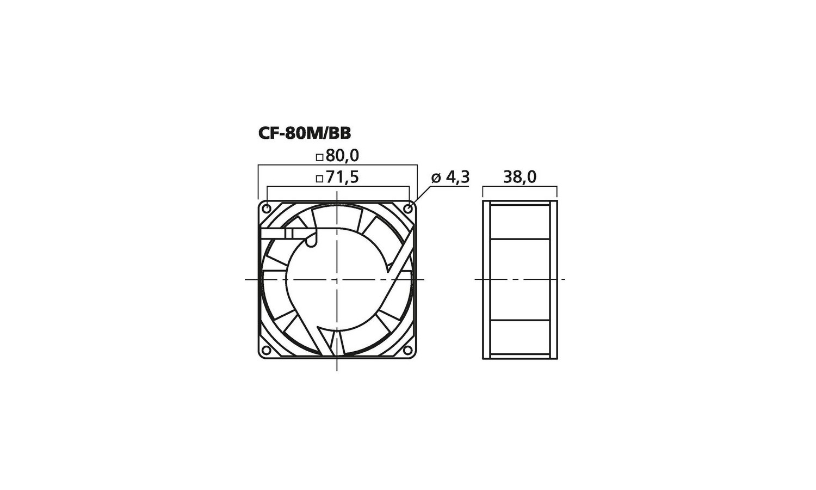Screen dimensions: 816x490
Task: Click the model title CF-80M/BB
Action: (305, 133)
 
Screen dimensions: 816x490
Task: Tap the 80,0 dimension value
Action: (342, 156)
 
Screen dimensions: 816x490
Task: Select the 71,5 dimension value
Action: (342, 177)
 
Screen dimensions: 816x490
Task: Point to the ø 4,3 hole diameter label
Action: (450, 177)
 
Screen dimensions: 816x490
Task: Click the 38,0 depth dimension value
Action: (520, 177)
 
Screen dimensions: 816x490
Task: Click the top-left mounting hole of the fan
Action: (267, 209)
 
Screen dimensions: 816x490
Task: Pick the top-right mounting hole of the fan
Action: (409, 209)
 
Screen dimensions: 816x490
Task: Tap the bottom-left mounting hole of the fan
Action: (267, 351)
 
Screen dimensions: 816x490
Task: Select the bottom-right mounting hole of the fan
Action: (409, 351)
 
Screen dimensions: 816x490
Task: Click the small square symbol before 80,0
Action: (320, 157)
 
